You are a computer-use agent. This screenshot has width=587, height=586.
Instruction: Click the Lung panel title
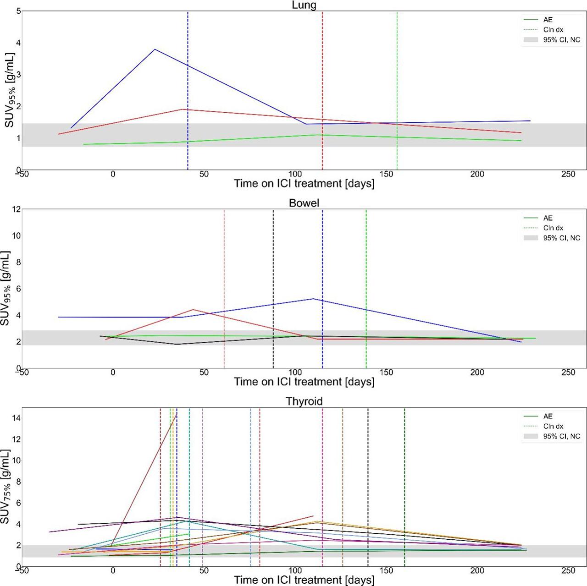[x=304, y=5]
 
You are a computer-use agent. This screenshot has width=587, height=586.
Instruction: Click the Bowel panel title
[x=304, y=203]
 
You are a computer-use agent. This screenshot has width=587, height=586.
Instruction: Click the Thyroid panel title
[x=304, y=402]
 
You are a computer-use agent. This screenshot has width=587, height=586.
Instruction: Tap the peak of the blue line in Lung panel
[x=155, y=49]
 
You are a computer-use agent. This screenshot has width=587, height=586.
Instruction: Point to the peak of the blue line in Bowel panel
[x=313, y=299]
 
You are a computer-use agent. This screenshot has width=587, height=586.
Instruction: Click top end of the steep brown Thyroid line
[x=177, y=414]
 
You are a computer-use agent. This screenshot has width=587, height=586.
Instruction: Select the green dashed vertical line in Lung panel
[x=397, y=92]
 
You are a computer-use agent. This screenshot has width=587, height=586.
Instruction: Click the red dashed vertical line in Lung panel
[x=322, y=92]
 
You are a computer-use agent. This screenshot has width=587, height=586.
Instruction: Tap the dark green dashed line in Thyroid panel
[x=404, y=481]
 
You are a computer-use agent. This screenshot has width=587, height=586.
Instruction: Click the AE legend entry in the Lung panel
[x=548, y=20]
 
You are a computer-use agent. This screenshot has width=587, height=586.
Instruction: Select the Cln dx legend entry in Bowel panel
[x=553, y=228]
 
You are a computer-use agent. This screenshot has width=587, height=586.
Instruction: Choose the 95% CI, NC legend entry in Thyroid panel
[x=561, y=437]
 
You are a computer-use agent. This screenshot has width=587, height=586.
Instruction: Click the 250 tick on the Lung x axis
[x=568, y=174]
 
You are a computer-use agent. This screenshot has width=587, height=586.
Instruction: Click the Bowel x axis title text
[x=304, y=382]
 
